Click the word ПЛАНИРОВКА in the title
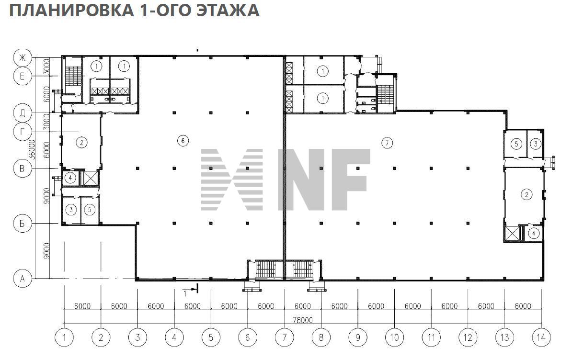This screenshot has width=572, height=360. (x=67, y=10)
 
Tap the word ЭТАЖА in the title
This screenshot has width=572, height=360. (x=229, y=10)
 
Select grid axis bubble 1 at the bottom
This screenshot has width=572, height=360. (x=64, y=337)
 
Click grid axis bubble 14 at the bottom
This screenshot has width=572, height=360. (x=541, y=337)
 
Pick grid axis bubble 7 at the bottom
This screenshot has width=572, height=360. (x=284, y=337)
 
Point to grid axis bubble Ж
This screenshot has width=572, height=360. (x=22, y=58)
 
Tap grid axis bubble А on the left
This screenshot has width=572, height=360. (x=22, y=278)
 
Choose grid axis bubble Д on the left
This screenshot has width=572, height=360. (x=22, y=113)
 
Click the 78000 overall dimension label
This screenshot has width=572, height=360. (x=302, y=320)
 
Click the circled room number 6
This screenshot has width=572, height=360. (x=182, y=141)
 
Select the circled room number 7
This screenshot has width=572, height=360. (x=387, y=142)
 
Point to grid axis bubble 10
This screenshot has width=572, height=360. (x=394, y=337)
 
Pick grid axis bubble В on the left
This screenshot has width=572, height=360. (x=22, y=168)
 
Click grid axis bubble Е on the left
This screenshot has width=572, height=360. (x=22, y=76)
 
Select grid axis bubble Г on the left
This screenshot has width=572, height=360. (x=22, y=131)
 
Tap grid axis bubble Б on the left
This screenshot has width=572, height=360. (x=22, y=223)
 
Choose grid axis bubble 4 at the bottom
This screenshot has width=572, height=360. (x=174, y=337)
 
